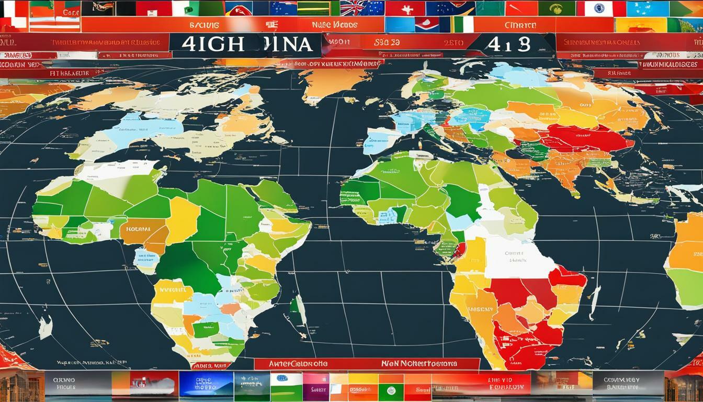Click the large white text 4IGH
(213, 44)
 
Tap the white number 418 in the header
(508, 44)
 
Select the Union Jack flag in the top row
(360, 8)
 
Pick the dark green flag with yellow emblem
(557, 8)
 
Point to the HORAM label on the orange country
(138, 229)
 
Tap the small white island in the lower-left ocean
(46, 327)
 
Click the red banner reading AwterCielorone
(299, 363)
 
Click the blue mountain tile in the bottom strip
(206, 384)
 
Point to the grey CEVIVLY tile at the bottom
(628, 384)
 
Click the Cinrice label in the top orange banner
(520, 25)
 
